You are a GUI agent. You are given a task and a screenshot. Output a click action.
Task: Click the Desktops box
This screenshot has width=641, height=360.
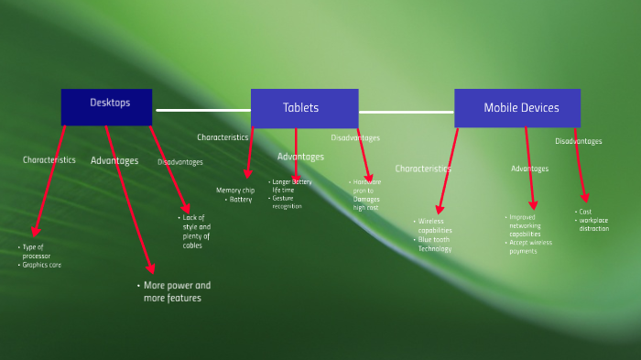(106, 106)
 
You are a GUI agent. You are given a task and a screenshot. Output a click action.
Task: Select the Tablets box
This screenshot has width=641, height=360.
(304, 108)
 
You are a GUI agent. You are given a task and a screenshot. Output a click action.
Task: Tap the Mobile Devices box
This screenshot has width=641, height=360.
(517, 108)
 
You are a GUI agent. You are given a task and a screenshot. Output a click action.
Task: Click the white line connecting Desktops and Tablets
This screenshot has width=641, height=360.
(203, 110)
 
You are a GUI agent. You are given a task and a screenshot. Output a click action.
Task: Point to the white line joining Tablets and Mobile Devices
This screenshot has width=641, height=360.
(406, 112)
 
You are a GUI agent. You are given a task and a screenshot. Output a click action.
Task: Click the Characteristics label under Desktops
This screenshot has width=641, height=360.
(49, 159)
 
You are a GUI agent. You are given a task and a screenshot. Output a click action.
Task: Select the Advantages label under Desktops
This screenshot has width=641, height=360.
(114, 160)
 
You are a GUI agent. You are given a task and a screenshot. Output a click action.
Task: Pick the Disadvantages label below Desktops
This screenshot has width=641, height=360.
(180, 162)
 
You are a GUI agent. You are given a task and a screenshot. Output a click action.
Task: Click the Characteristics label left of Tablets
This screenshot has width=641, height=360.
(223, 137)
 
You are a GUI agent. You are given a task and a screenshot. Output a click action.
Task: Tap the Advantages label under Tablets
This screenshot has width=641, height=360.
(300, 157)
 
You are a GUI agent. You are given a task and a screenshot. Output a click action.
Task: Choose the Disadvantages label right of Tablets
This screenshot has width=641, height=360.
(355, 138)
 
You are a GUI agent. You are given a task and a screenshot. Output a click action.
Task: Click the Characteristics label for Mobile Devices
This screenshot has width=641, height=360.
(423, 169)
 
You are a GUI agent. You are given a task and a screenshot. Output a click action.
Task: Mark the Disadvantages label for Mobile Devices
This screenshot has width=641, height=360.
(579, 141)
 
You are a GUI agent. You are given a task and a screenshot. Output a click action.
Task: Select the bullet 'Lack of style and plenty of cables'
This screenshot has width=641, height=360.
(195, 232)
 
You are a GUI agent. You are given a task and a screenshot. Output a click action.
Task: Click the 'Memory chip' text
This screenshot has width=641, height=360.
(235, 191)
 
